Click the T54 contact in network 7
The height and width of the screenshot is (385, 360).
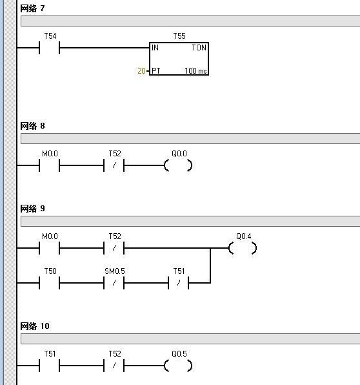pos(49,48)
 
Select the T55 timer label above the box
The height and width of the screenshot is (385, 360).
pos(179,36)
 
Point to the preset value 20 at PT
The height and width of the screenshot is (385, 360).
pos(141,70)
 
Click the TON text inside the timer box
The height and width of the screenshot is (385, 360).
pos(199,47)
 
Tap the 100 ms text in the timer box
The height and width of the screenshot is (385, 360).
pos(195,71)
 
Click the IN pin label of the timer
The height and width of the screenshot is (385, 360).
pos(155,47)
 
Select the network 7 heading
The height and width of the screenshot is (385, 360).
pos(32,8)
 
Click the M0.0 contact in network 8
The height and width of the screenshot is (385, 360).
pos(49,165)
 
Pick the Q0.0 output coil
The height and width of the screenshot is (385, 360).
pos(178,165)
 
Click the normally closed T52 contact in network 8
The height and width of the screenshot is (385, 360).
pos(114,165)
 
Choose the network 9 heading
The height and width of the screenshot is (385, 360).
pos(32,209)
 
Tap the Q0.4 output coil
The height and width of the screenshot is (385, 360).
pos(243,248)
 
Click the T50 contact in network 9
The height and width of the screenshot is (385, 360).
pos(49,283)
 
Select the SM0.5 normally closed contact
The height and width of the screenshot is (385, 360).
pos(114,283)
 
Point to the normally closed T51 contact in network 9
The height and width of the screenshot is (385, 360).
pos(179,283)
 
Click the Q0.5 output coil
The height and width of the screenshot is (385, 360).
pos(178,366)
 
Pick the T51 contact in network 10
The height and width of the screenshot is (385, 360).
pos(49,366)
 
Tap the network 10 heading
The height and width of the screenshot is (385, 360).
pos(35,326)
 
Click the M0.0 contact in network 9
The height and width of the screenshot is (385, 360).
pos(49,248)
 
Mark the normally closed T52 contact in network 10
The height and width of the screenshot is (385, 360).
pos(114,366)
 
